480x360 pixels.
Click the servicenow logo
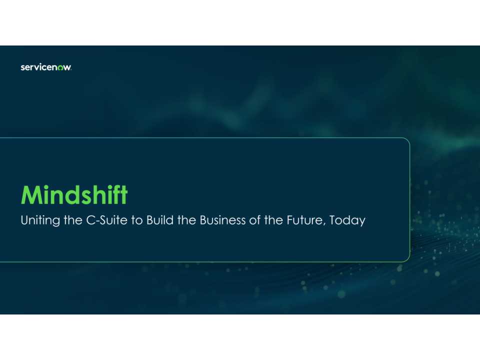(46, 67)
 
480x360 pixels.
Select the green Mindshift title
(74, 194)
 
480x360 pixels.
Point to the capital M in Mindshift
(30, 195)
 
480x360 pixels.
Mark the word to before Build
(137, 220)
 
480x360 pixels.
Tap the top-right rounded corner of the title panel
(406, 141)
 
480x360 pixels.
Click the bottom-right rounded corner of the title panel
(406, 258)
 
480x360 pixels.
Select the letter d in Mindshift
(70, 195)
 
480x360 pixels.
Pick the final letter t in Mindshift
(124, 195)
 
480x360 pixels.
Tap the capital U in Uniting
(24, 220)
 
